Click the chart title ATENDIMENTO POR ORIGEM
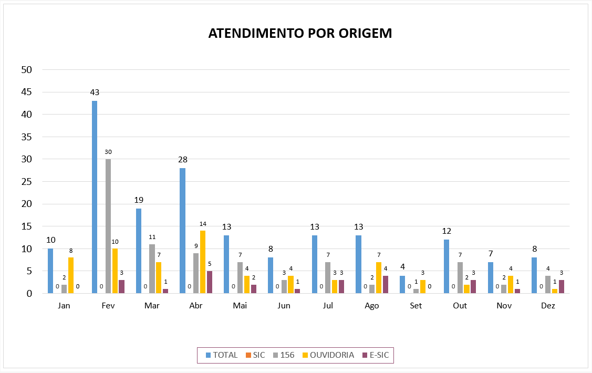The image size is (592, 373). click(x=300, y=33)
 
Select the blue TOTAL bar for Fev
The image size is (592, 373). click(x=95, y=197)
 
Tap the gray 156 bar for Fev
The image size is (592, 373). click(x=108, y=226)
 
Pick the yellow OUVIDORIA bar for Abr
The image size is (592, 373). click(x=203, y=262)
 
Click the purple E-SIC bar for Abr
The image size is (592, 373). click(x=210, y=282)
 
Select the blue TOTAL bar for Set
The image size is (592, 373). click(x=402, y=285)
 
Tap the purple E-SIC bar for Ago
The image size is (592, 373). click(x=385, y=285)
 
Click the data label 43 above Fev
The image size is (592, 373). click(x=95, y=92)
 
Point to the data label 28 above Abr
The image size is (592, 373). click(x=183, y=160)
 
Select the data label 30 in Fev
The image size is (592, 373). click(x=108, y=152)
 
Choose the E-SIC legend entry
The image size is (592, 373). click(x=376, y=355)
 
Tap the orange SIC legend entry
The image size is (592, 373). click(x=255, y=355)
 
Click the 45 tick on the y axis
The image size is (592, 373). click(x=26, y=92)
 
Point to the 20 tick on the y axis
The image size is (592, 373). click(x=26, y=204)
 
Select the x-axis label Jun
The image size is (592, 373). click(x=284, y=306)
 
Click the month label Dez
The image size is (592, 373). click(x=548, y=306)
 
